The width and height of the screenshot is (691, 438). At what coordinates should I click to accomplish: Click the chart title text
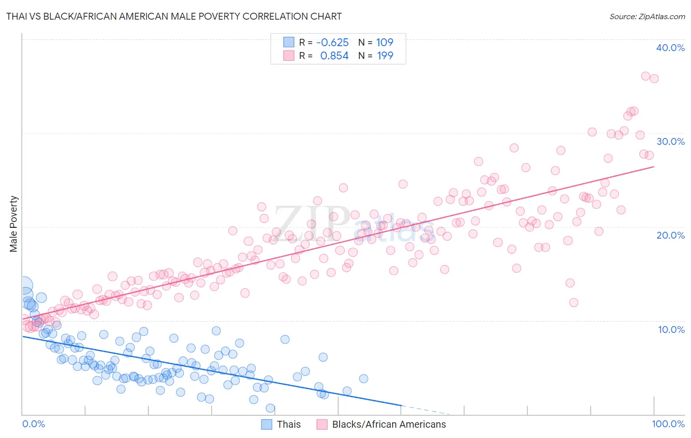coord(174,16)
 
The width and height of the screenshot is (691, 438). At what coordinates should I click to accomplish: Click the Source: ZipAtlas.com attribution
coord(647,16)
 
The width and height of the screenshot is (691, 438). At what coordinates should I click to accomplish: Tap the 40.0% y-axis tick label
coord(670,48)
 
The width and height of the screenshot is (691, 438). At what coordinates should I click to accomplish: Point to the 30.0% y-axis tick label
coord(670,141)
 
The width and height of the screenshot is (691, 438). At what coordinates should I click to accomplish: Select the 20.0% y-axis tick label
coord(670,235)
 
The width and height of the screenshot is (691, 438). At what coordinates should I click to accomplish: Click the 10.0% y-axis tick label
coord(671,329)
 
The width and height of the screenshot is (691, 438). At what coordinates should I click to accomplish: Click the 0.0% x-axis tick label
coord(33,424)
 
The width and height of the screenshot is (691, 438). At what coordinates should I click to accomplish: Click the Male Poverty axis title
coord(14,224)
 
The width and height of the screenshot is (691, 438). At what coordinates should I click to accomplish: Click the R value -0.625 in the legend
coord(332,43)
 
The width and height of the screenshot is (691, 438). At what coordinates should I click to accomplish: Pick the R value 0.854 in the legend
coord(334,56)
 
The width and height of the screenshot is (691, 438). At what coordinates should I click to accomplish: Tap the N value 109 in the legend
coord(385,43)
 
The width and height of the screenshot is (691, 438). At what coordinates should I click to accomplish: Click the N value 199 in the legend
coord(385,56)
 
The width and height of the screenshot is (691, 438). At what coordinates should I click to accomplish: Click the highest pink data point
coord(646,76)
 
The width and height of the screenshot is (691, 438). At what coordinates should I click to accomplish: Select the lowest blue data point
coord(270,408)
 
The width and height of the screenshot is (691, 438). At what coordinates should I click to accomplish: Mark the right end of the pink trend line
coord(654,167)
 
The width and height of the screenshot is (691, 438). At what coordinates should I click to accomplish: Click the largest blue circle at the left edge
coord(24,285)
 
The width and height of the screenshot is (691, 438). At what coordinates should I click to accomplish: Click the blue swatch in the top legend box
coord(288,43)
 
